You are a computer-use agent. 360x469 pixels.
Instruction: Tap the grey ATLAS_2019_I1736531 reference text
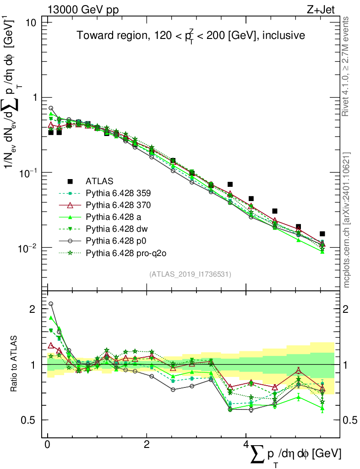pos(190,274)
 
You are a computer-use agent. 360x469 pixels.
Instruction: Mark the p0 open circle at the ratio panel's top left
pos(51,304)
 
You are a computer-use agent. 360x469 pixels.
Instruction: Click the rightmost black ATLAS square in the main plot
pos(322,234)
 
